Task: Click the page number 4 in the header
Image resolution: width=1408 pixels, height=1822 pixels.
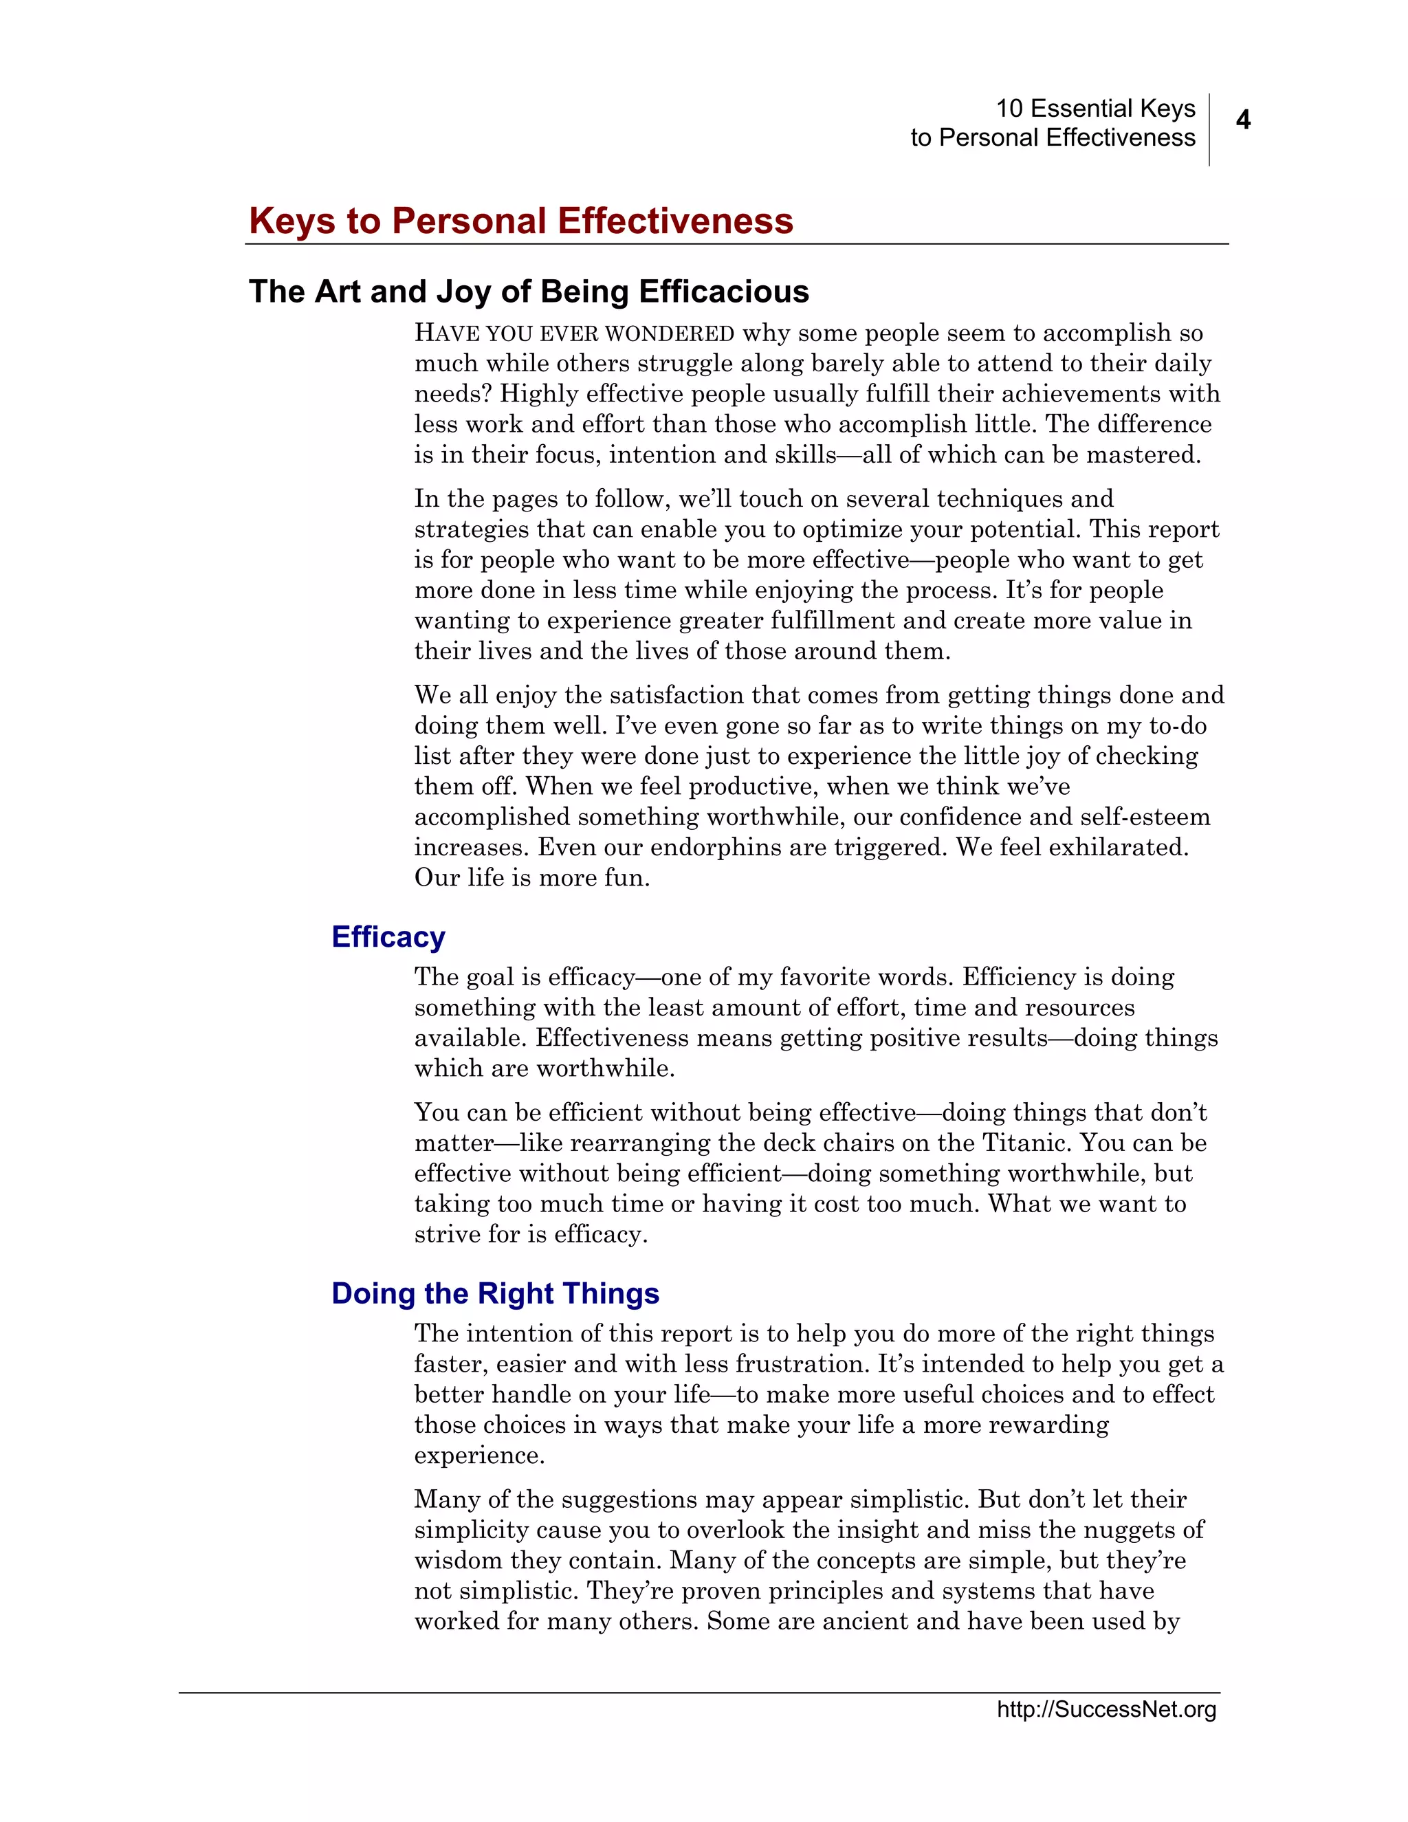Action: pyautogui.click(x=1243, y=120)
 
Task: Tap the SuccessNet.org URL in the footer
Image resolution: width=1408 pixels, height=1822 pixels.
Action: pyautogui.click(x=1106, y=1709)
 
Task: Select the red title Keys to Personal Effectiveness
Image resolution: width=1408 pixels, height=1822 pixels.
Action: pyautogui.click(x=520, y=221)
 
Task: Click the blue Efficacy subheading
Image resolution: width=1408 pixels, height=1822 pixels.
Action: pyautogui.click(x=388, y=937)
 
